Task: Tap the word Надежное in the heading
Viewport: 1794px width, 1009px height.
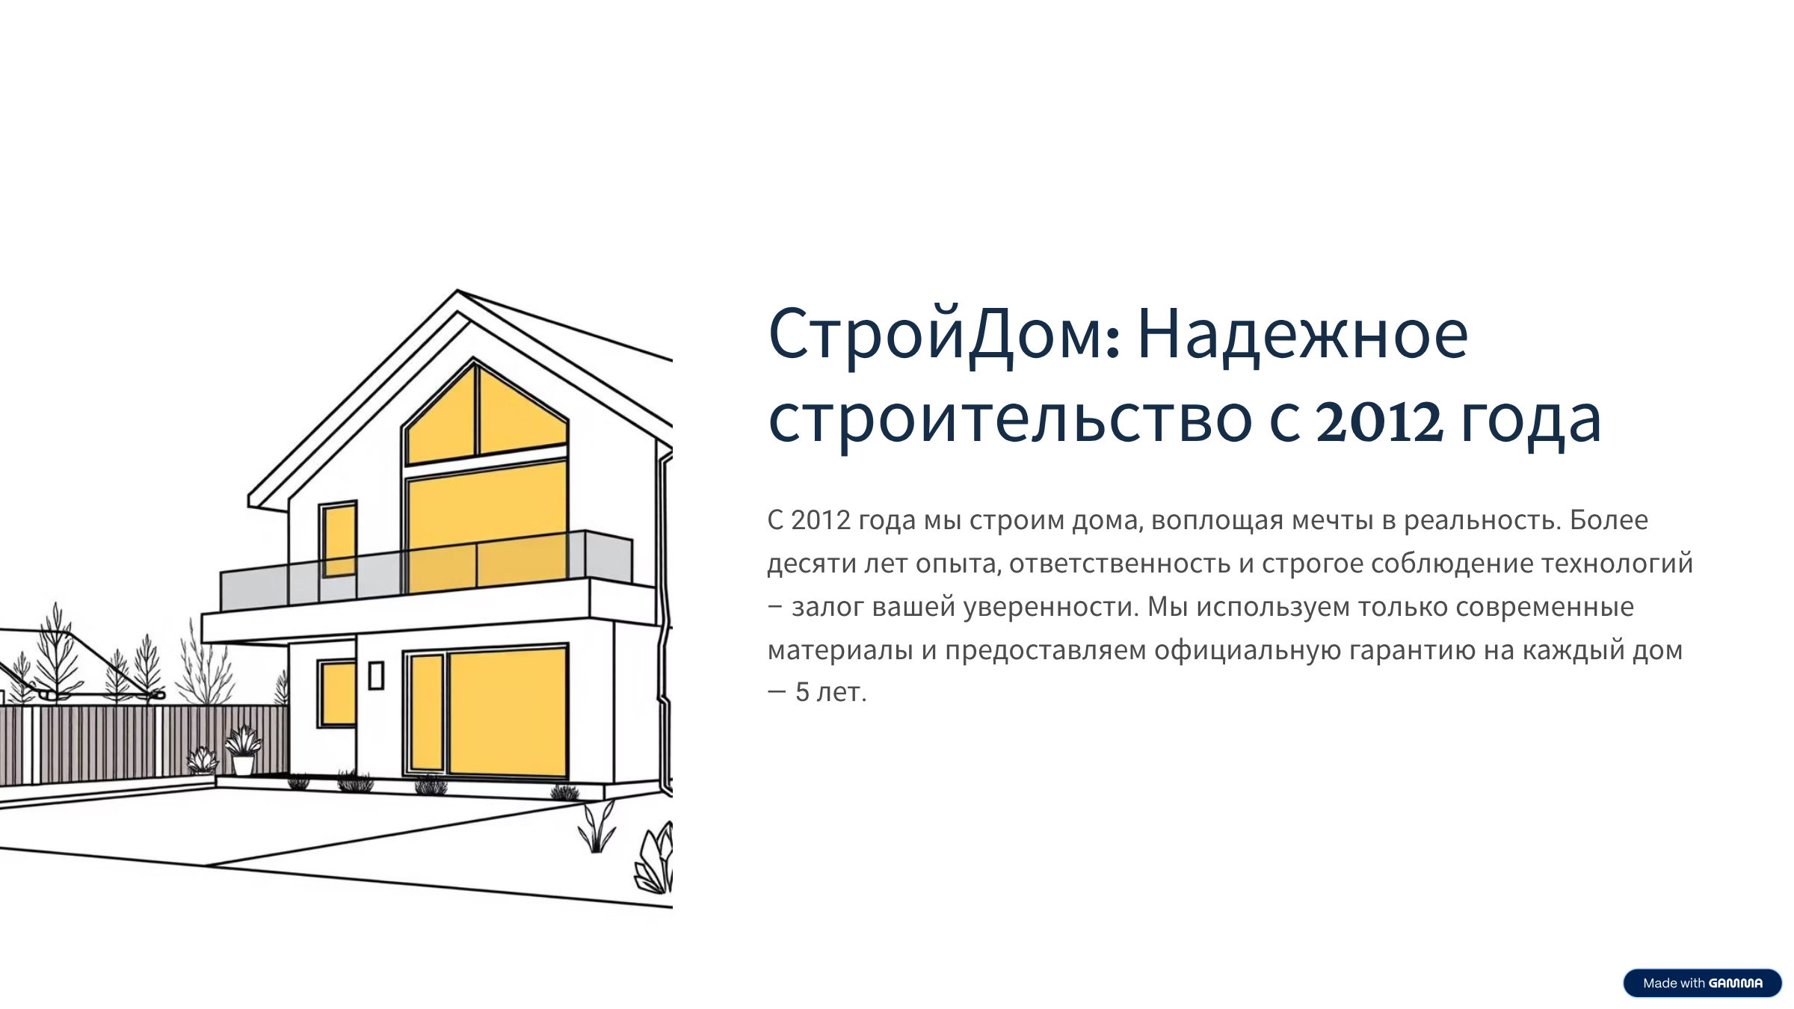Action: (x=1302, y=334)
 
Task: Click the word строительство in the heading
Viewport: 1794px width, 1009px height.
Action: (x=1010, y=420)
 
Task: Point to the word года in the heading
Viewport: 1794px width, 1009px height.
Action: (x=1530, y=420)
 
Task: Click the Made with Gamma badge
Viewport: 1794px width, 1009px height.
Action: (x=1702, y=983)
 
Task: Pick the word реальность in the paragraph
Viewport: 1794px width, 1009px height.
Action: (x=1482, y=520)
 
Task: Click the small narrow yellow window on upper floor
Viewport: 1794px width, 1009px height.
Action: (x=339, y=538)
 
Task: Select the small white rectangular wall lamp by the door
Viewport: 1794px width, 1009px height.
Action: (x=376, y=675)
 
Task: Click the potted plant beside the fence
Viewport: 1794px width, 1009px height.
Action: (x=244, y=751)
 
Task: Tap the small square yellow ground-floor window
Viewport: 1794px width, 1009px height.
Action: (x=337, y=693)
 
